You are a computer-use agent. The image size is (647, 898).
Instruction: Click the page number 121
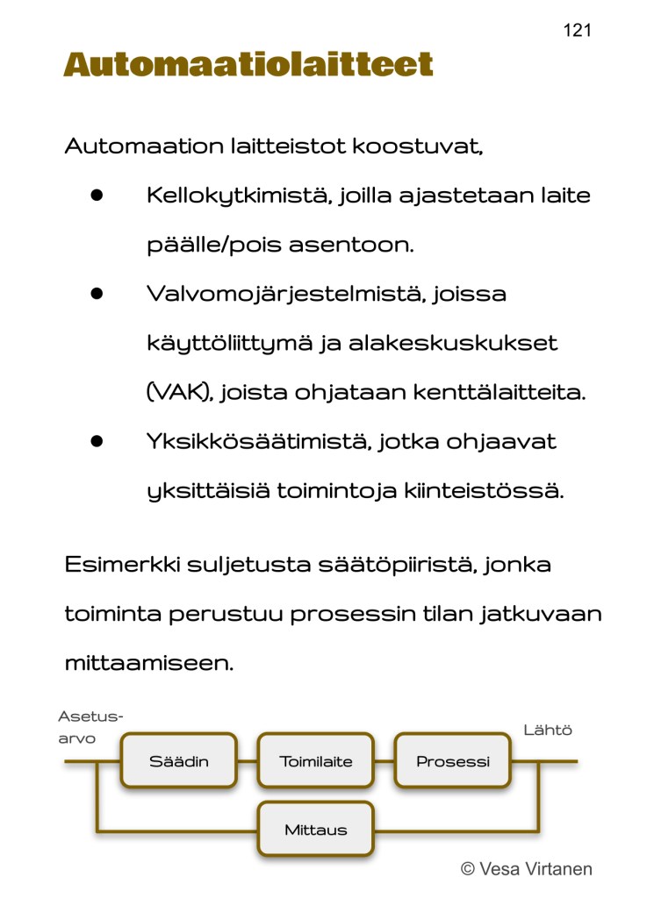(x=577, y=31)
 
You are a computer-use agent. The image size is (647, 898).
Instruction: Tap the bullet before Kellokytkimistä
(x=97, y=196)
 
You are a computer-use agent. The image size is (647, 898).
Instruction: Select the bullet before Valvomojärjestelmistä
(x=97, y=294)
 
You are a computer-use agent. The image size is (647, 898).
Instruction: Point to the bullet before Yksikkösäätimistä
(x=97, y=441)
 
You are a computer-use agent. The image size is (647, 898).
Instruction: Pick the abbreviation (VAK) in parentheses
(x=179, y=392)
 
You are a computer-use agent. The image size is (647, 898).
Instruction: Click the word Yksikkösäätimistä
(x=258, y=441)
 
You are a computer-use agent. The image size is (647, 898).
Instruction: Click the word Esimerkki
(x=120, y=564)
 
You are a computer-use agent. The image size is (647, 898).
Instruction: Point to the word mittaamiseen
(x=149, y=662)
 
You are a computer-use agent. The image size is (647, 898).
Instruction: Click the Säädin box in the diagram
(x=179, y=761)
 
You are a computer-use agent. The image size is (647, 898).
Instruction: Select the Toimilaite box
(x=316, y=761)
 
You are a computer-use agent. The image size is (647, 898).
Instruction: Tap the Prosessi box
(x=453, y=761)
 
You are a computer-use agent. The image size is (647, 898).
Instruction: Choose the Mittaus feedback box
(x=316, y=830)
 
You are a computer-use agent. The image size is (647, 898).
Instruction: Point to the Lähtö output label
(x=548, y=730)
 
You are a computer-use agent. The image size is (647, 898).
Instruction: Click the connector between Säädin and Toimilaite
(x=248, y=761)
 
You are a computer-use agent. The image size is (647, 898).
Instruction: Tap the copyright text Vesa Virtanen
(x=527, y=869)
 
